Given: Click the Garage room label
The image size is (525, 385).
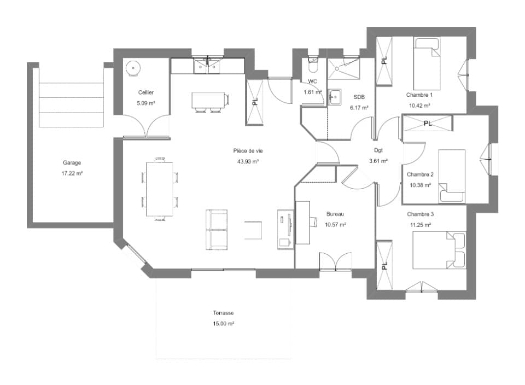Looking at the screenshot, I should coord(72,162).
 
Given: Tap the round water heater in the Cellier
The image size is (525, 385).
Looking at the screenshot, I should coord(133,68).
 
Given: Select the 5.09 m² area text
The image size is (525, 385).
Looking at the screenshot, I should coord(146,102).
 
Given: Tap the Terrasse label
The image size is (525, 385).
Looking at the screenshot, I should coord(224,313).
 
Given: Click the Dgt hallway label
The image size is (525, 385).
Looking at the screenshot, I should coord(378,150).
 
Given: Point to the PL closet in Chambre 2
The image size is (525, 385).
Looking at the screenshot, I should coord(428,124).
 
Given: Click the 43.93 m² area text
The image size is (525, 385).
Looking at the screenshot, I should coord(248,161).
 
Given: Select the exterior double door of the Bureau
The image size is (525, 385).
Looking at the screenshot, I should coord(335,262).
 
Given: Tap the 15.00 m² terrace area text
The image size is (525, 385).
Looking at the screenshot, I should coord(224,324).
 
